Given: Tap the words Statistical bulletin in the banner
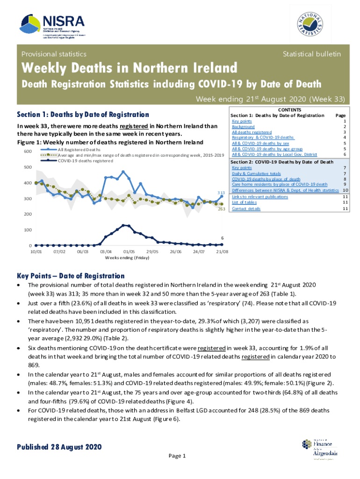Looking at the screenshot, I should (311, 54).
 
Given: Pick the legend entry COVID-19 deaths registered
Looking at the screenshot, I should (85, 160).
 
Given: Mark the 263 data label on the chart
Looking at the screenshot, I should (221, 209).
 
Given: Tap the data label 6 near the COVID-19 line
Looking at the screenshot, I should (222, 238).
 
